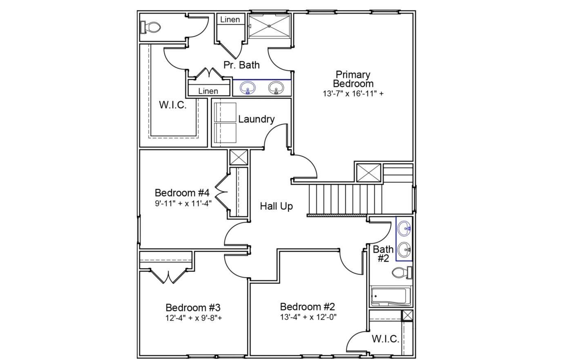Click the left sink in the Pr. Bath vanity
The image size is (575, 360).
pyautogui.click(x=247, y=88)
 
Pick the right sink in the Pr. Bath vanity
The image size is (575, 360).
pyautogui.click(x=276, y=88)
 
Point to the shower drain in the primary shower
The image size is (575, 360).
pyautogui.click(x=269, y=26)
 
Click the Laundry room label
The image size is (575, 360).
pyautogui.click(x=256, y=119)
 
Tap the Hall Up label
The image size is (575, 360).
pyautogui.click(x=276, y=206)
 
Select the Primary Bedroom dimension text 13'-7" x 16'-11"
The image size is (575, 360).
pyautogui.click(x=353, y=93)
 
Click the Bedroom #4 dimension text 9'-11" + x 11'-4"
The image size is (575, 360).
pyautogui.click(x=183, y=203)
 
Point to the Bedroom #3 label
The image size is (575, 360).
pyautogui.click(x=193, y=307)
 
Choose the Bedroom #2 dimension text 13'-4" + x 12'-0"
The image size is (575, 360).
pyautogui.click(x=308, y=317)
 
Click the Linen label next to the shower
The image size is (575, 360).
pyautogui.click(x=230, y=20)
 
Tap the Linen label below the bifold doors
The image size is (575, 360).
pyautogui.click(x=208, y=91)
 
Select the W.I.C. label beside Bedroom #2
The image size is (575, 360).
pyautogui.click(x=385, y=339)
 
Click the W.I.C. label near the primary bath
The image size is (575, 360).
pyautogui.click(x=172, y=105)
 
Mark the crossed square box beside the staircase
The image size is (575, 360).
pyautogui.click(x=368, y=173)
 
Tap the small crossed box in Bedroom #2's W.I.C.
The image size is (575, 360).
pyautogui.click(x=407, y=316)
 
